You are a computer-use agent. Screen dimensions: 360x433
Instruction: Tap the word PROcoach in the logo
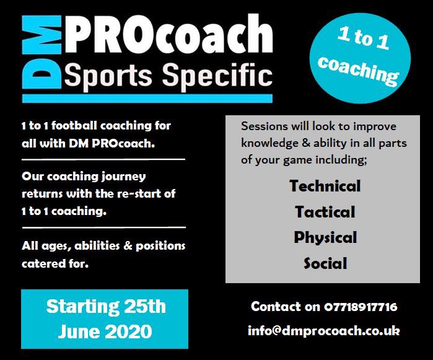(167, 36)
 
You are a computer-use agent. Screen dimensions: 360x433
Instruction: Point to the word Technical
(325, 186)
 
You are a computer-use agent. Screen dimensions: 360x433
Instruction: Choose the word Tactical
(325, 212)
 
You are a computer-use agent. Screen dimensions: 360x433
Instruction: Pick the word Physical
(325, 238)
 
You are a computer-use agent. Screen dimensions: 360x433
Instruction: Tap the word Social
(325, 264)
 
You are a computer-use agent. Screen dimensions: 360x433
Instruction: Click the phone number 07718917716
(360, 307)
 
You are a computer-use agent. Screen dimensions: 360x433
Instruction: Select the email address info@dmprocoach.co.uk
(323, 330)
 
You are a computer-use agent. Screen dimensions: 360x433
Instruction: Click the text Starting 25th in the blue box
(105, 307)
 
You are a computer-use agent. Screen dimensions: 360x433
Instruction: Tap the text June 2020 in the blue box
(105, 331)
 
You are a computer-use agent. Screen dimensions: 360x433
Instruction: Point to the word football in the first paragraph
(70, 126)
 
